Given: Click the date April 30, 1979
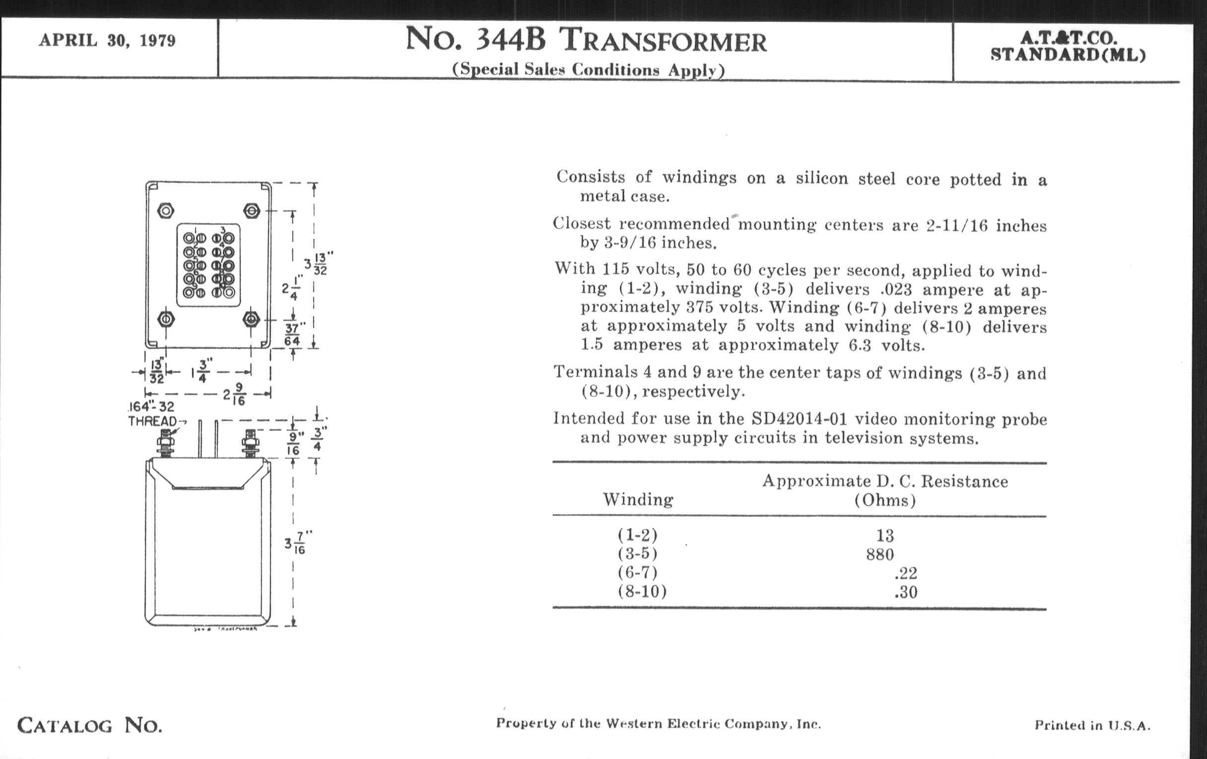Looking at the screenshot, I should coord(107,41).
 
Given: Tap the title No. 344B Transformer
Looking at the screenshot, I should coord(586,40).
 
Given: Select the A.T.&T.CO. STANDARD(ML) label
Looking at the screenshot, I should coord(1068,47).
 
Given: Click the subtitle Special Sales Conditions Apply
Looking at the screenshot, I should coord(588,69).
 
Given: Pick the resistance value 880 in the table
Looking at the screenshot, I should coord(879,554).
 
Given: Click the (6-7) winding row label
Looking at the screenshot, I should coord(637,572).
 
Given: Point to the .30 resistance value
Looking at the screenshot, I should coord(905,592).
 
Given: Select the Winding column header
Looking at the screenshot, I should coord(638,500).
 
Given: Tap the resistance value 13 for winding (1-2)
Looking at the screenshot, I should coord(885,536).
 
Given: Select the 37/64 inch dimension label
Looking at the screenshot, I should coord(292,335).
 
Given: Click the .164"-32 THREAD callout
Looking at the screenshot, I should coord(152,414).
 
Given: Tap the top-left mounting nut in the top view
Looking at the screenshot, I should coord(165,211).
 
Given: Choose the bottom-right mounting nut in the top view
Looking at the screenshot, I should coord(251,319).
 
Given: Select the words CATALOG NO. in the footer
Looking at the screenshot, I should coord(90,725).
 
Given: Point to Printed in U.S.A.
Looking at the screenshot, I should coord(1092,725).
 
